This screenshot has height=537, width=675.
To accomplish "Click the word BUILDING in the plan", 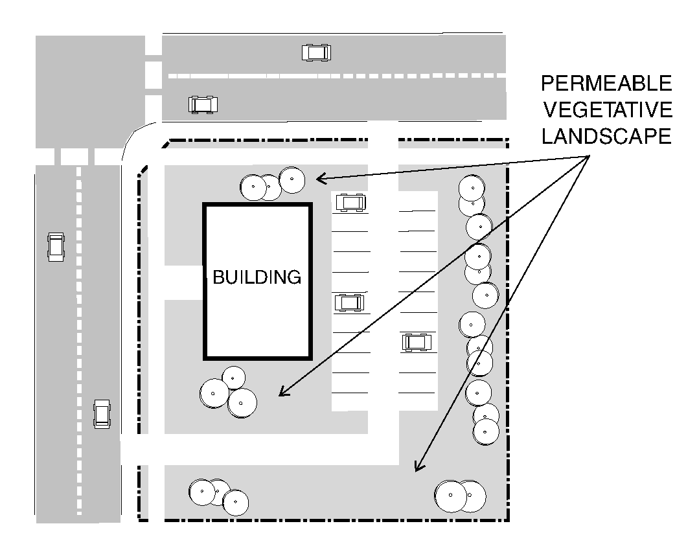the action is [257, 277].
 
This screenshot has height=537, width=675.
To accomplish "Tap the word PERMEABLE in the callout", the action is [606, 83].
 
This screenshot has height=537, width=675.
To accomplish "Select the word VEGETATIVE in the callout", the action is [608, 109].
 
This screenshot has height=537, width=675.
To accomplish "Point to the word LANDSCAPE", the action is [606, 136].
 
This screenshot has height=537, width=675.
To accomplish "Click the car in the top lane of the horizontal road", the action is [316, 52].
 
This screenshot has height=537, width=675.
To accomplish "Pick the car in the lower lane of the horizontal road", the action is [203, 105].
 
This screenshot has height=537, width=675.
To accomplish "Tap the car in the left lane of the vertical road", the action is [56, 247].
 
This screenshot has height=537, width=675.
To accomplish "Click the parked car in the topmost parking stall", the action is [351, 203].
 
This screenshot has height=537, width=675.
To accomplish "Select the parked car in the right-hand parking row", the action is [417, 342].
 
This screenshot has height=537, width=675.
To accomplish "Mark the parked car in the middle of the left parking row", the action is [349, 303].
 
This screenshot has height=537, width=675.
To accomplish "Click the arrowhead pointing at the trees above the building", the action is [321, 178].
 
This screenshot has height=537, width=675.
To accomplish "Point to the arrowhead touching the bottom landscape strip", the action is [418, 466].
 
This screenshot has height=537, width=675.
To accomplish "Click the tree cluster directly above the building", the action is [273, 184].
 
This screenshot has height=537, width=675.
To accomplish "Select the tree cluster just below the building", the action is [228, 393].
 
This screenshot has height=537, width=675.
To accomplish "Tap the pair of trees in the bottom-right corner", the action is [460, 496].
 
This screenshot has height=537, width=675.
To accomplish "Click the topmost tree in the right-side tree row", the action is [472, 189].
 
